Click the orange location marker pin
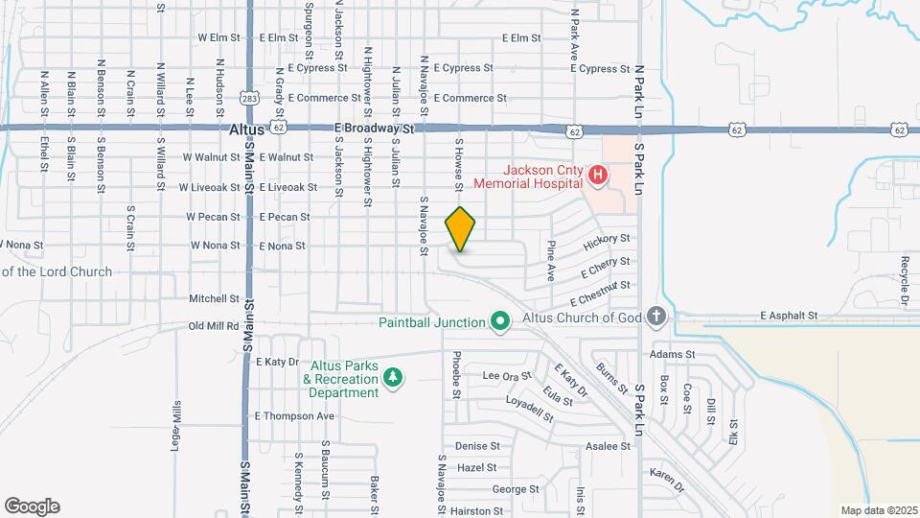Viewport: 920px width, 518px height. tap(461, 229)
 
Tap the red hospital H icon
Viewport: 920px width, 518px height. tap(597, 175)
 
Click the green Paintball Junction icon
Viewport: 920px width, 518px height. tap(499, 322)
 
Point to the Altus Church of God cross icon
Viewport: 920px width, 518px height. tap(655, 317)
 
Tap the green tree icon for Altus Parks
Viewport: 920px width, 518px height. tap(392, 380)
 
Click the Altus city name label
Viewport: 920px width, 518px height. tap(245, 128)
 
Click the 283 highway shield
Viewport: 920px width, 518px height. tap(249, 98)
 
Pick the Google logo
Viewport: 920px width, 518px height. tap(32, 506)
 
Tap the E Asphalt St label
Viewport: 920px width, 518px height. tap(789, 315)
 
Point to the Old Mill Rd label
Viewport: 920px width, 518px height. tap(213, 326)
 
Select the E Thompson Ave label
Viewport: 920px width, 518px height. tap(293, 416)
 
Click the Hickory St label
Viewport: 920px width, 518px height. tap(611, 238)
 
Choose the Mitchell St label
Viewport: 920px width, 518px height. tap(206, 298)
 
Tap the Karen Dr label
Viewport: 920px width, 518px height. tap(667, 474)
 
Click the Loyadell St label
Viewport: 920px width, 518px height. tap(530, 410)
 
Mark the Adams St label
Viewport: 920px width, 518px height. tap(672, 354)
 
